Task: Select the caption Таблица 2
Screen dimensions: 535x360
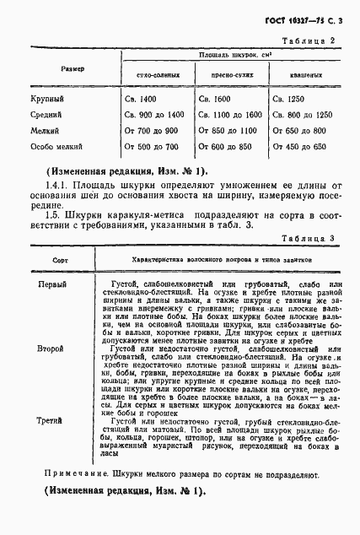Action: coord(311,40)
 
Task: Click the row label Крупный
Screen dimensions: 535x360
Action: coord(47,100)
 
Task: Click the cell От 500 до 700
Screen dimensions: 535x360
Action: coord(150,146)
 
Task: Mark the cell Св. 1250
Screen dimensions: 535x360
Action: coord(290,100)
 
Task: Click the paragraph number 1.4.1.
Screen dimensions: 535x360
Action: coord(57,183)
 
